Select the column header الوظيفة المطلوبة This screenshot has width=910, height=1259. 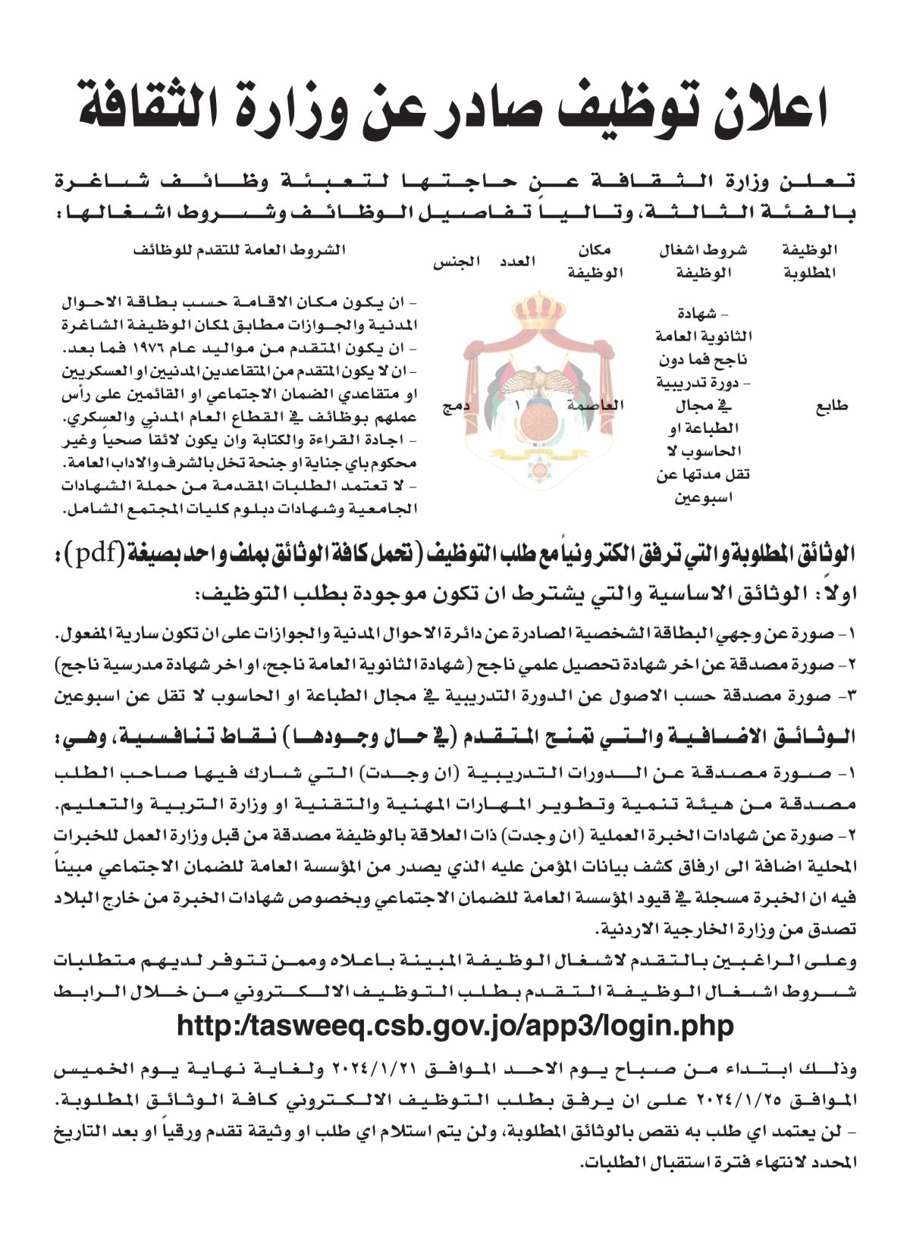tap(809, 262)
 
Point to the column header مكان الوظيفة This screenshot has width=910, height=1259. tap(595, 262)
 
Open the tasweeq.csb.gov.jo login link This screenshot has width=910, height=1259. tap(455, 1026)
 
